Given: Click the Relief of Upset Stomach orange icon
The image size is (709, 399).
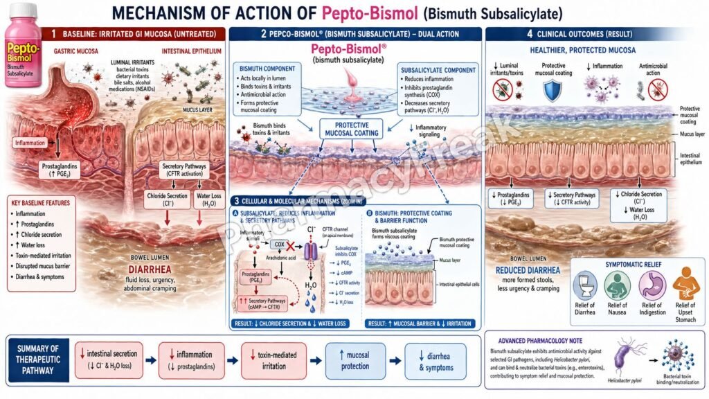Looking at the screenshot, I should (685, 284).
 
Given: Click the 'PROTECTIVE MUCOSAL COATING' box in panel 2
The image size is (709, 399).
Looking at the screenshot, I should (351, 129).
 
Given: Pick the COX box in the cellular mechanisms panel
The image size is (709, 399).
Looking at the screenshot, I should (280, 245).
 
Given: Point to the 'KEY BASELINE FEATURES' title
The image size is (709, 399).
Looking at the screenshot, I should (47, 204).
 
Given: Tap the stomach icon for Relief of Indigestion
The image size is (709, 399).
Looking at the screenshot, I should (652, 284).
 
